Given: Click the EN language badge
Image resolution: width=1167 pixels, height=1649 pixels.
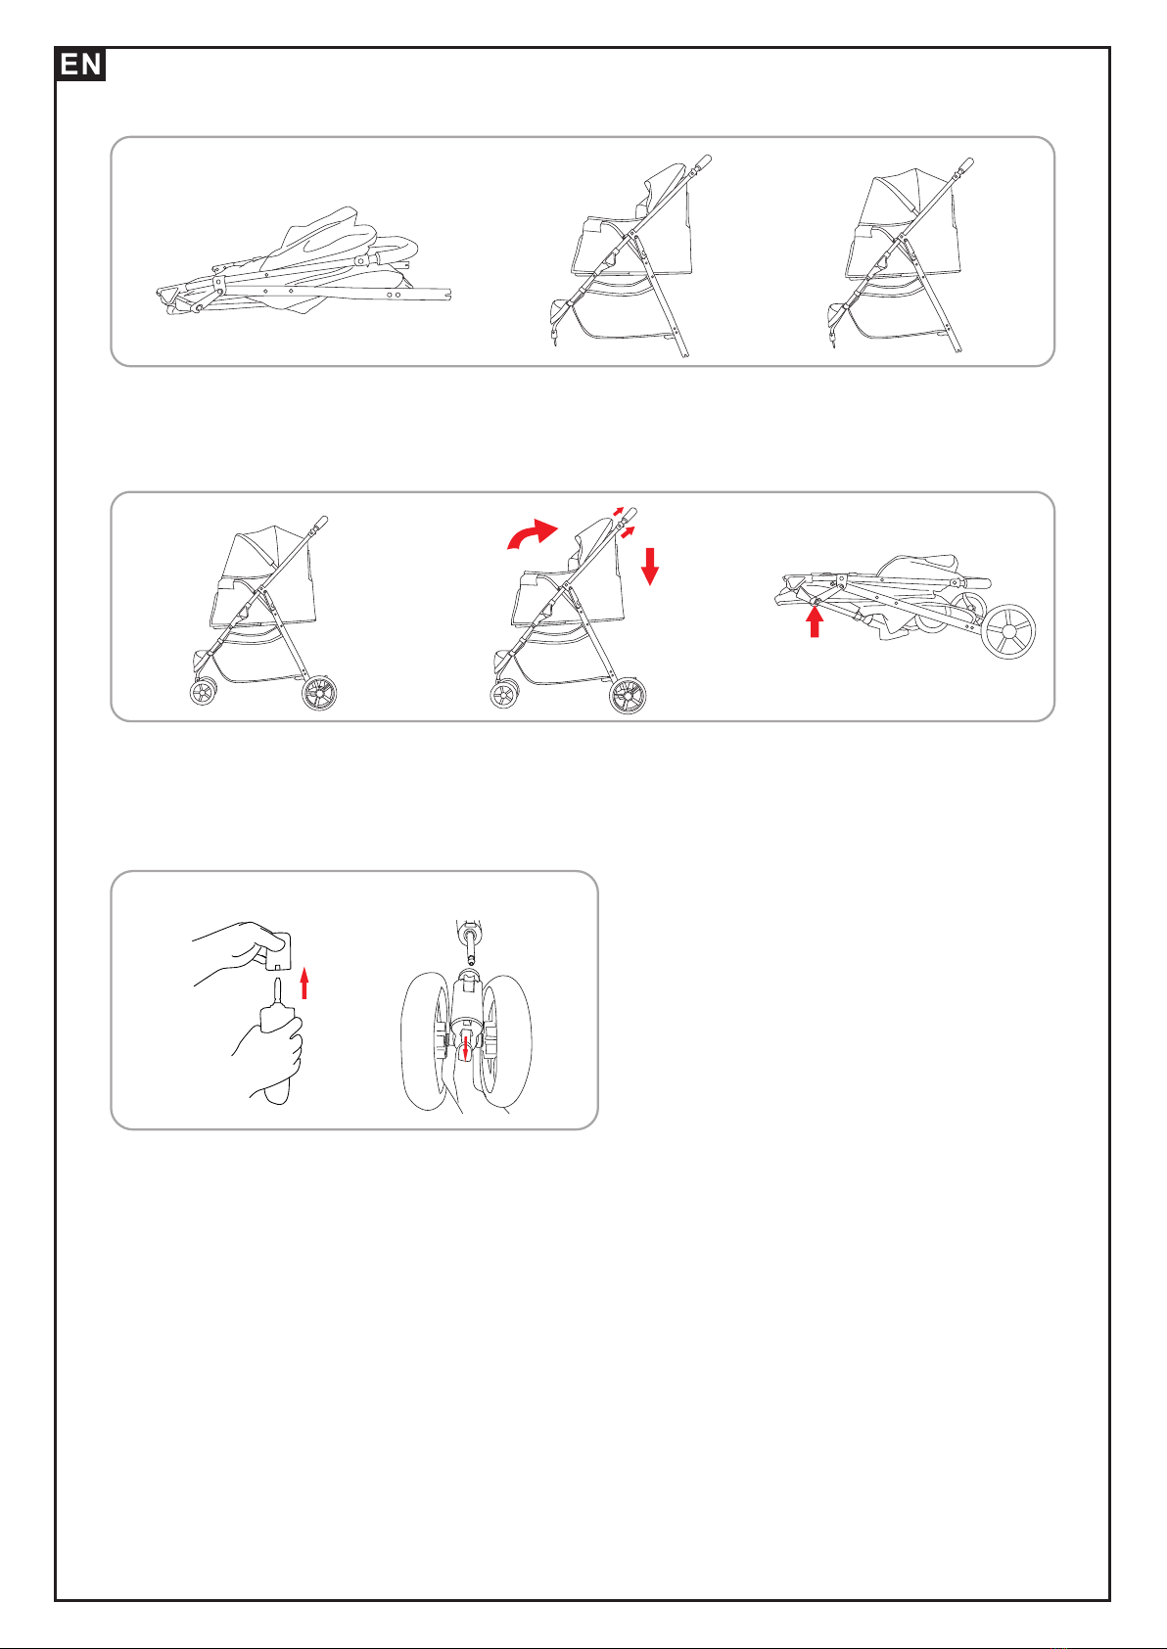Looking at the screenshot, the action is pos(80,65).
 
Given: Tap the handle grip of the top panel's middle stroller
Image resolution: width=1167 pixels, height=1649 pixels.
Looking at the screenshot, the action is pos(704,161).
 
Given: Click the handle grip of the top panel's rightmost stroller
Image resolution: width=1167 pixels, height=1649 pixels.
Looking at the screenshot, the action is pos(967,163).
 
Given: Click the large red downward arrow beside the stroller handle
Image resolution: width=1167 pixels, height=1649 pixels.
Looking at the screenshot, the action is pos(649,567).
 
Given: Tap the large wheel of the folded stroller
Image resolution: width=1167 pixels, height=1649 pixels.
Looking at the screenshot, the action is pos(1009,631).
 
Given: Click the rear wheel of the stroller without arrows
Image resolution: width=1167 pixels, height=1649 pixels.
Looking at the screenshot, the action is pos(320,693).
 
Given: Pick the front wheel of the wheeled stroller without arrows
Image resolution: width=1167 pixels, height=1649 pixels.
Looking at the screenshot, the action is pos(204,692).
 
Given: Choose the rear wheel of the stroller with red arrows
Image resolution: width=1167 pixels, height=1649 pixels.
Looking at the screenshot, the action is pos(628,696).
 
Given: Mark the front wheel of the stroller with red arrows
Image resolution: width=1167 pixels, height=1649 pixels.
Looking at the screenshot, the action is pos(503,694).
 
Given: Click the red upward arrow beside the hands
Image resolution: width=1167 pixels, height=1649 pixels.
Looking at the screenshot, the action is pos(304,985).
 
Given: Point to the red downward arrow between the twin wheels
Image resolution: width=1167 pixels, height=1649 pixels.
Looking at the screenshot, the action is pos(465,1049).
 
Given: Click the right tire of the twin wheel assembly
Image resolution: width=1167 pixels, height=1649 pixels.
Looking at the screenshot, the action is pos(505,1041).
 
